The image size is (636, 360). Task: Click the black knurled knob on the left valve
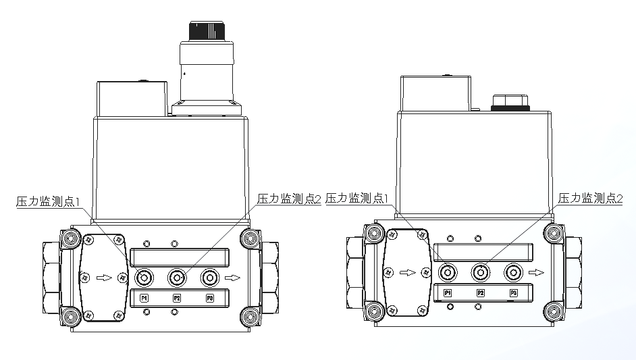(207, 31)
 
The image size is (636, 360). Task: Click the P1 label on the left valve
(144, 299)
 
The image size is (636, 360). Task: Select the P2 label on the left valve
(177, 299)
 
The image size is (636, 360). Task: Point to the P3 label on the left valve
(210, 299)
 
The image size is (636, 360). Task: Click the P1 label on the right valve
(448, 293)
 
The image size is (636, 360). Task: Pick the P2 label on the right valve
(481, 293)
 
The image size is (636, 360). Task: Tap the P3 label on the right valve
(514, 293)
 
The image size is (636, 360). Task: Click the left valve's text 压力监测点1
(48, 201)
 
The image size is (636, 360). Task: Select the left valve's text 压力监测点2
(289, 199)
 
